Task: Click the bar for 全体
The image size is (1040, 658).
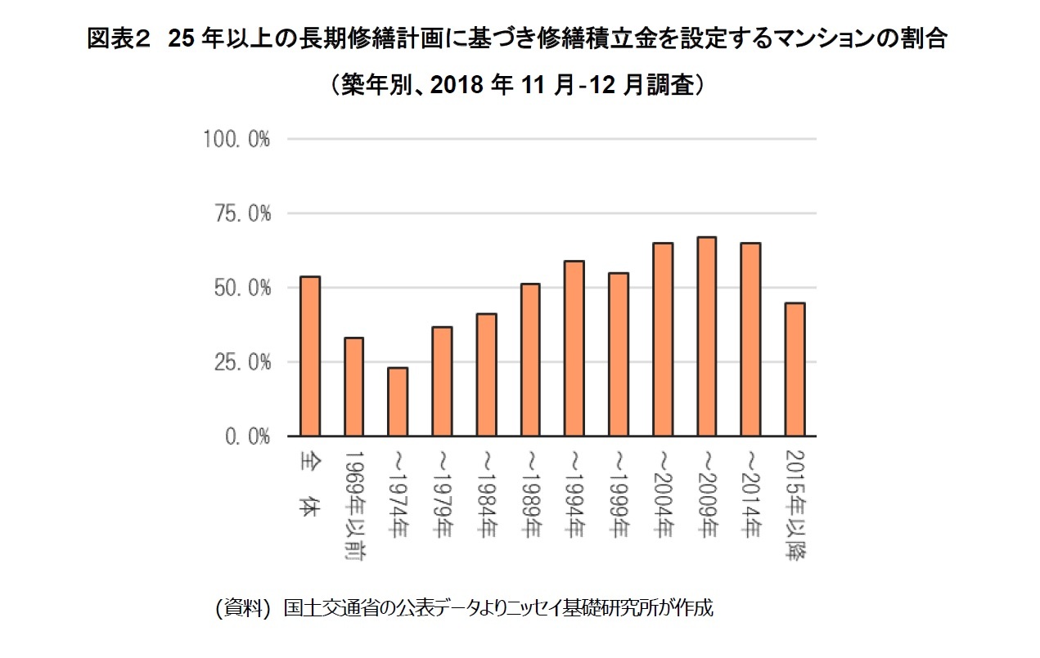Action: tap(309, 356)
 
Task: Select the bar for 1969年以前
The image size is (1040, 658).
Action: tap(353, 387)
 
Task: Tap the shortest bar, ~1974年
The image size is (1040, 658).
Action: tap(398, 401)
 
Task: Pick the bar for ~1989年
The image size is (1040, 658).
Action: tap(530, 360)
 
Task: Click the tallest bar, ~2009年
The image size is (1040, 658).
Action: tap(707, 337)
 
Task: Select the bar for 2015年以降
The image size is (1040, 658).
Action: tap(795, 369)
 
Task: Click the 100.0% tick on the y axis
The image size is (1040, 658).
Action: tap(236, 139)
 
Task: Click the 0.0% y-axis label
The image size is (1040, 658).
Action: tap(245, 436)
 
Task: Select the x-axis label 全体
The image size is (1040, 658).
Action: tap(309, 481)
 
